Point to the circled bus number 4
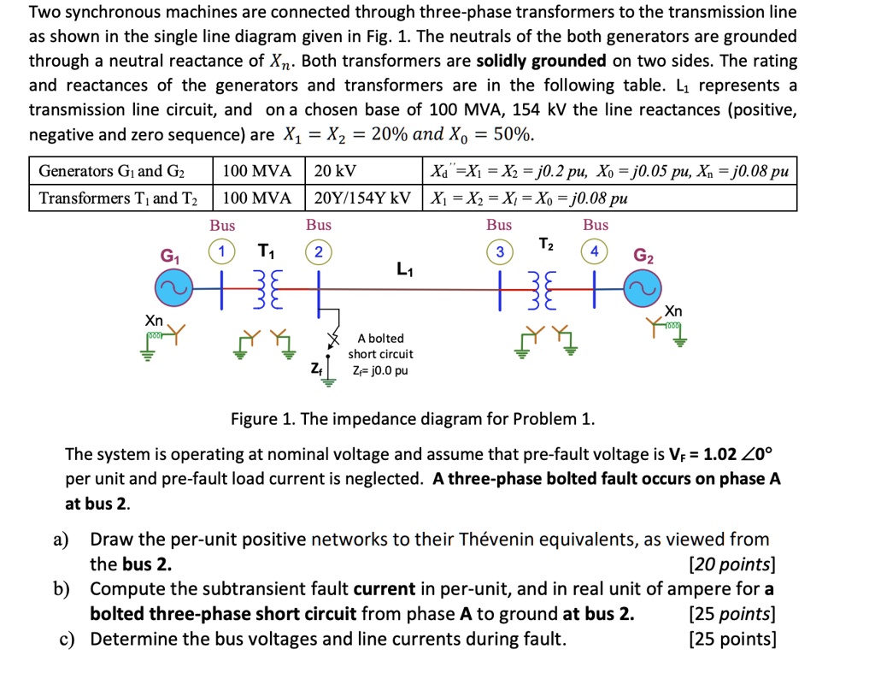pyautogui.click(x=596, y=251)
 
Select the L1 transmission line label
pyautogui.click(x=405, y=270)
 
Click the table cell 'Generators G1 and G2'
pyautogui.click(x=116, y=170)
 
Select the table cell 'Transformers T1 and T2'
pyautogui.click(x=118, y=198)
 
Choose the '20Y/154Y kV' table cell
pyautogui.click(x=363, y=198)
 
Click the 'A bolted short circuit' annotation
pyautogui.click(x=380, y=346)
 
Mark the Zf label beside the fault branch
pyautogui.click(x=316, y=369)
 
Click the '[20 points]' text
pyautogui.click(x=731, y=564)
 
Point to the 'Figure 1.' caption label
pyautogui.click(x=263, y=419)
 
